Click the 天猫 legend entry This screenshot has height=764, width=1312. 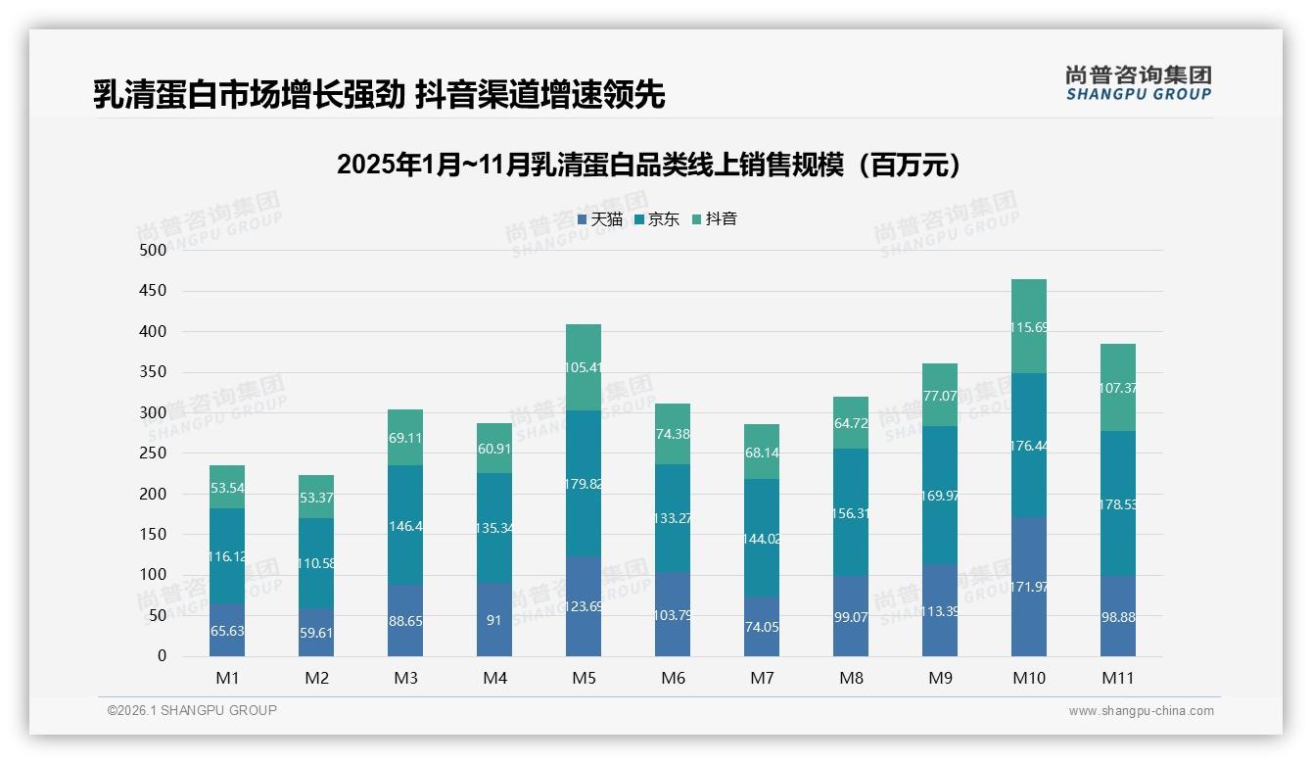click(600, 219)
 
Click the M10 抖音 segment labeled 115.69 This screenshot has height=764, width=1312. click(1028, 326)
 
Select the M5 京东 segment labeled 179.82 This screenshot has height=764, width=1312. click(584, 484)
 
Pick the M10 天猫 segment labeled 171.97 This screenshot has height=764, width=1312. click(1028, 586)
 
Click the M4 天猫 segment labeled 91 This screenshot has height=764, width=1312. click(494, 619)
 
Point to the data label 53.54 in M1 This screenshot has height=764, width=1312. click(227, 488)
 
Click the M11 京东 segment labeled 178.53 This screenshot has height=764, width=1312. click(1117, 503)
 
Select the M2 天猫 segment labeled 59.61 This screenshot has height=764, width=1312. click(316, 632)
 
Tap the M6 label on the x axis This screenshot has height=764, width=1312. click(673, 678)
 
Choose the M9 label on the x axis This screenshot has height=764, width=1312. click(940, 678)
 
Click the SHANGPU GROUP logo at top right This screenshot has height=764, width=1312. click(1138, 82)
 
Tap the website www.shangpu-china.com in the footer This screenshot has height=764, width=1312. click(1141, 711)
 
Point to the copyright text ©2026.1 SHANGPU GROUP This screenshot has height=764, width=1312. click(192, 710)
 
